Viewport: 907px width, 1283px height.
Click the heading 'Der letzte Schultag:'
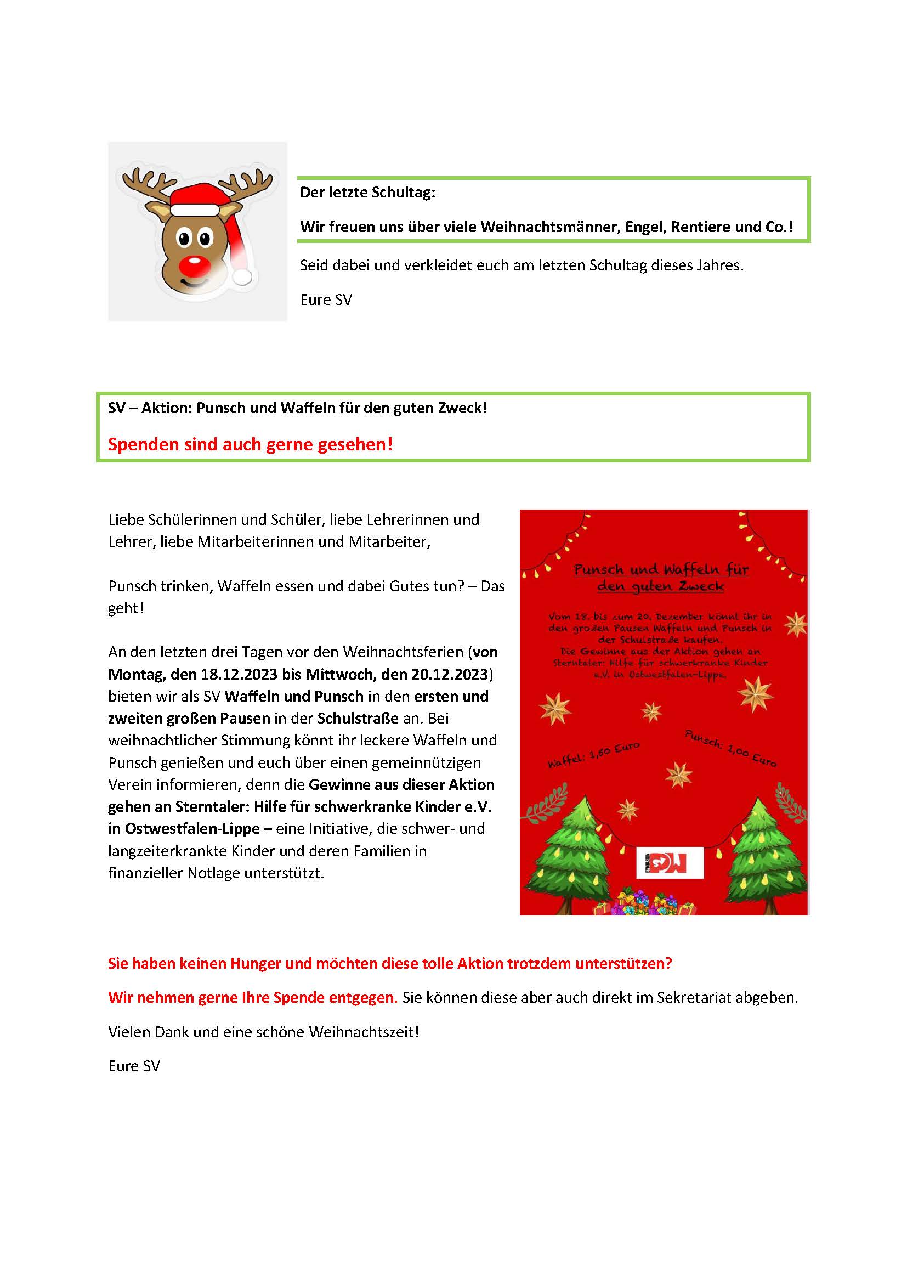tap(367, 193)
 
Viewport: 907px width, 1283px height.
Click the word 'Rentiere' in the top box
tap(700, 227)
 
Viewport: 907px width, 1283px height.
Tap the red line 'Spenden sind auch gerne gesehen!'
tap(250, 444)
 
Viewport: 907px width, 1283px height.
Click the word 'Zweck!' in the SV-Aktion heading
tap(466, 408)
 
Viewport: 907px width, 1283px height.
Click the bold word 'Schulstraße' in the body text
tap(358, 718)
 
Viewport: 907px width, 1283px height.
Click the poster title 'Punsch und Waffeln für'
tap(661, 569)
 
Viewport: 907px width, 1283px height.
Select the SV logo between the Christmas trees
tap(670, 863)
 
